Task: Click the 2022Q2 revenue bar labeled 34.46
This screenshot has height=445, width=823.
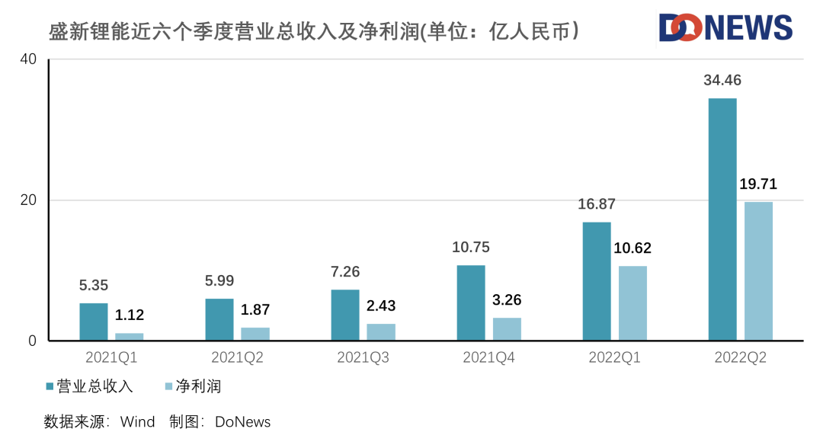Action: pyautogui.click(x=722, y=219)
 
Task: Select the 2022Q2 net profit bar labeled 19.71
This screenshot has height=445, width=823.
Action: pyautogui.click(x=758, y=271)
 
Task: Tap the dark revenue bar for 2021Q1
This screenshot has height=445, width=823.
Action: pyautogui.click(x=94, y=322)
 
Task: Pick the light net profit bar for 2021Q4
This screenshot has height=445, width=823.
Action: pyautogui.click(x=507, y=329)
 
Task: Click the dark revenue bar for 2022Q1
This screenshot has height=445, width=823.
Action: pyautogui.click(x=597, y=281)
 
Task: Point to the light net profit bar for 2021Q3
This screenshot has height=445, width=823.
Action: pyautogui.click(x=381, y=332)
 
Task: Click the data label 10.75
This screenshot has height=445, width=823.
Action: pyautogui.click(x=470, y=247)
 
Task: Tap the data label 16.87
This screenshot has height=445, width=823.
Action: pyautogui.click(x=596, y=204)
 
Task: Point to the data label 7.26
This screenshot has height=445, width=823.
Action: pyautogui.click(x=345, y=272)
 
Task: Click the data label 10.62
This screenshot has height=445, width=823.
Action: pyautogui.click(x=632, y=248)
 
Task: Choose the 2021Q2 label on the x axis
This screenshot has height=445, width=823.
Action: pyautogui.click(x=237, y=357)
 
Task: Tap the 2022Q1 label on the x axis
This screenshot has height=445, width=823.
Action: pyautogui.click(x=614, y=357)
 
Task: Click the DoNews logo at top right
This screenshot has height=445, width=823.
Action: pyautogui.click(x=725, y=28)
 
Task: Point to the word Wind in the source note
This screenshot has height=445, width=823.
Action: pyautogui.click(x=137, y=421)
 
